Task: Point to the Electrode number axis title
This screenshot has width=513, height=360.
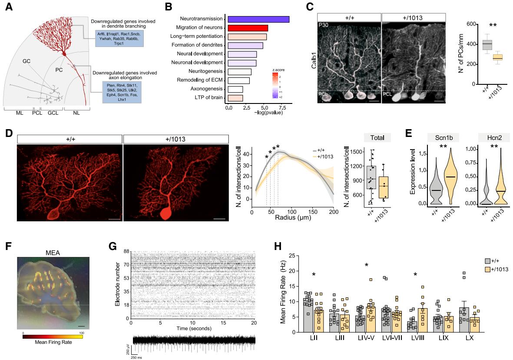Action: [118, 283]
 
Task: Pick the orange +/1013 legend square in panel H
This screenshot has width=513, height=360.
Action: [488, 269]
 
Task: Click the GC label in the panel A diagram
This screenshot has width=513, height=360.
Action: [26, 62]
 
